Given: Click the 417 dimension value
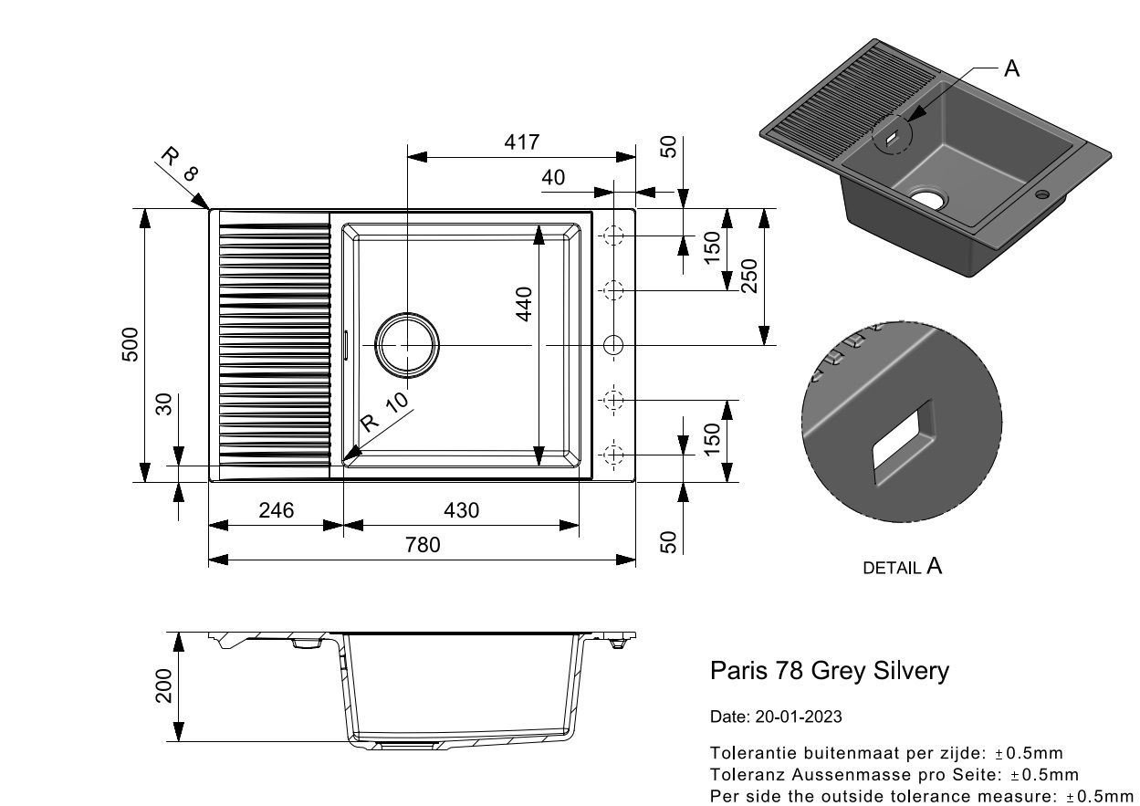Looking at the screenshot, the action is pyautogui.click(x=522, y=142).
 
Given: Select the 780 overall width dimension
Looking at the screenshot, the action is pyautogui.click(x=423, y=545).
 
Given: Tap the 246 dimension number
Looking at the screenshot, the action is pyautogui.click(x=277, y=510).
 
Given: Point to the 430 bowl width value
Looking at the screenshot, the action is pyautogui.click(x=462, y=510).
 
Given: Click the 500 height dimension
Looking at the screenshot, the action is pyautogui.click(x=131, y=344).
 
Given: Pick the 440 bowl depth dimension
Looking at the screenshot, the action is pyautogui.click(x=524, y=304).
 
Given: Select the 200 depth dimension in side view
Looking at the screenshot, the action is pyautogui.click(x=163, y=686).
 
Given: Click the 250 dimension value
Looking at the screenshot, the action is pyautogui.click(x=749, y=276).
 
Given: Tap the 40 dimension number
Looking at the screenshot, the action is pyautogui.click(x=553, y=178).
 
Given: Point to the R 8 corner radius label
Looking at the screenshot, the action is pyautogui.click(x=180, y=164).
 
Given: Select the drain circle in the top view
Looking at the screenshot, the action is pyautogui.click(x=407, y=346).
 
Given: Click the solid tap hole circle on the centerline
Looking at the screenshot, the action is pyautogui.click(x=613, y=346).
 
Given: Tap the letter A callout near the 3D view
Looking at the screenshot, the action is pyautogui.click(x=1011, y=68).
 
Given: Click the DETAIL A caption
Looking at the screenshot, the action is pyautogui.click(x=903, y=567).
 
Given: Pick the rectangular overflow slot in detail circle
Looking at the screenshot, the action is pyautogui.click(x=904, y=443).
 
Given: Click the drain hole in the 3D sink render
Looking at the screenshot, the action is pyautogui.click(x=927, y=198).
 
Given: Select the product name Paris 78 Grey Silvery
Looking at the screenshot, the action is pyautogui.click(x=830, y=671).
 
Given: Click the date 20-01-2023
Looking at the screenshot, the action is pyautogui.click(x=799, y=717).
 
